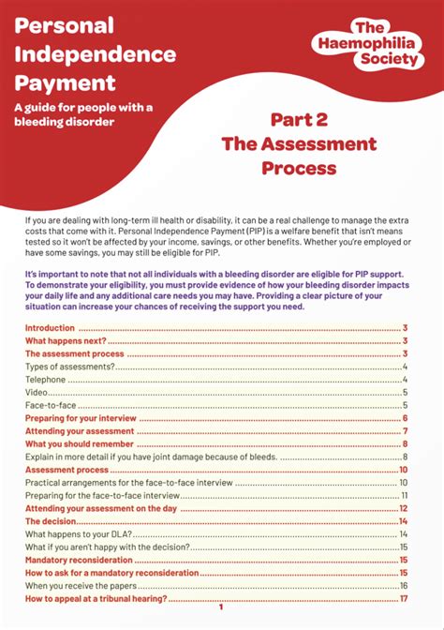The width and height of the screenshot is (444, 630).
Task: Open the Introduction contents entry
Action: tap(50, 328)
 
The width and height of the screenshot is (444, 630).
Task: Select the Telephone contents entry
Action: tap(45, 380)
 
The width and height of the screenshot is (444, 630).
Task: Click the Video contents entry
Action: tap(37, 393)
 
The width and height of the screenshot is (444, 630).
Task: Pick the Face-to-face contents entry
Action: tap(49, 405)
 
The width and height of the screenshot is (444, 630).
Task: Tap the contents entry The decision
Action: tap(51, 520)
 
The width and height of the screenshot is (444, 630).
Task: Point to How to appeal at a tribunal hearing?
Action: tap(96, 597)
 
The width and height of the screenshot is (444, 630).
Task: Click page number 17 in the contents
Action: tap(403, 597)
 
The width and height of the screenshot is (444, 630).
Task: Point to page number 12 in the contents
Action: tap(403, 507)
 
